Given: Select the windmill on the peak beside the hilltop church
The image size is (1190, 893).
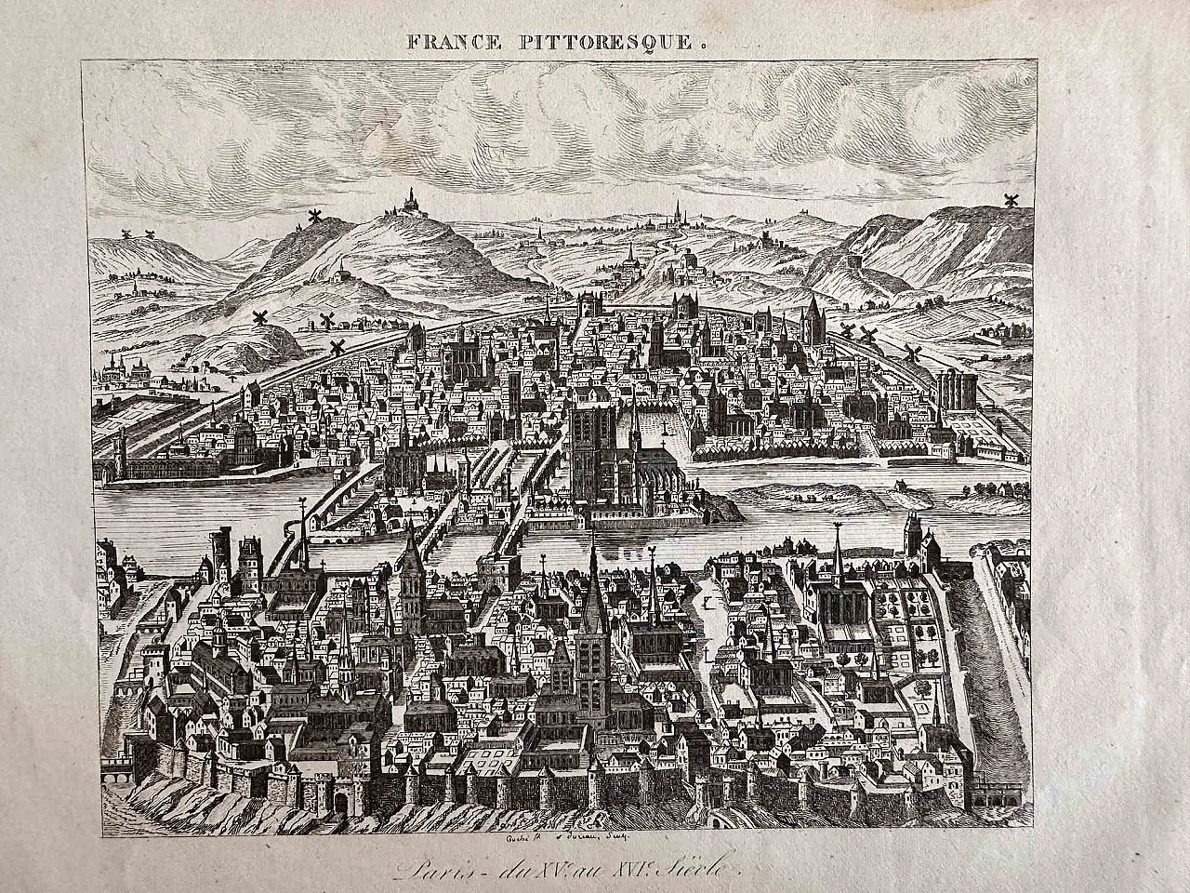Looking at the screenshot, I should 314,218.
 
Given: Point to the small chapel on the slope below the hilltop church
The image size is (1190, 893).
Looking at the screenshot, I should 344,270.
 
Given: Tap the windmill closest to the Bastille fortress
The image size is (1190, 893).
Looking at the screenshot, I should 911,352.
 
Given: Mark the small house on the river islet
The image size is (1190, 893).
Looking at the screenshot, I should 899,485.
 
